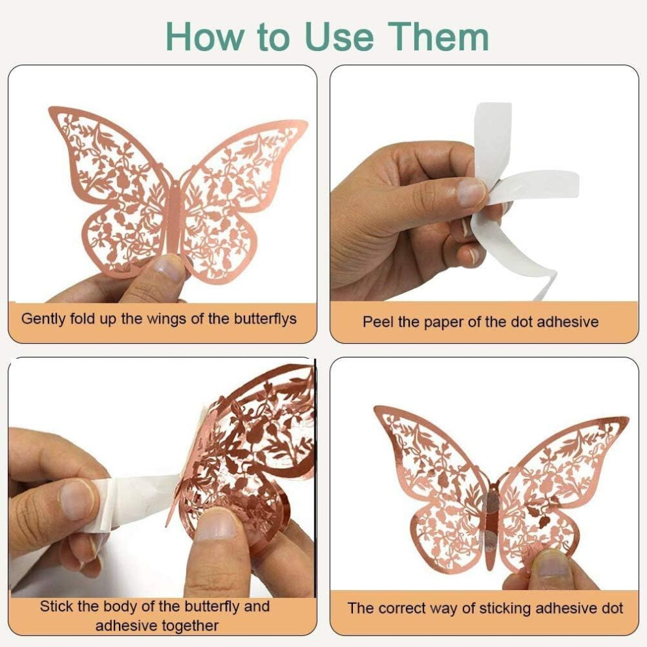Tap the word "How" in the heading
tap(205, 37)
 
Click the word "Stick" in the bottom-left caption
tap(57, 606)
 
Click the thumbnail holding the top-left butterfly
tap(167, 268)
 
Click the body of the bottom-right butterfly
tap(491, 520)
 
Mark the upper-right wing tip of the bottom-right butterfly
tap(626, 420)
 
